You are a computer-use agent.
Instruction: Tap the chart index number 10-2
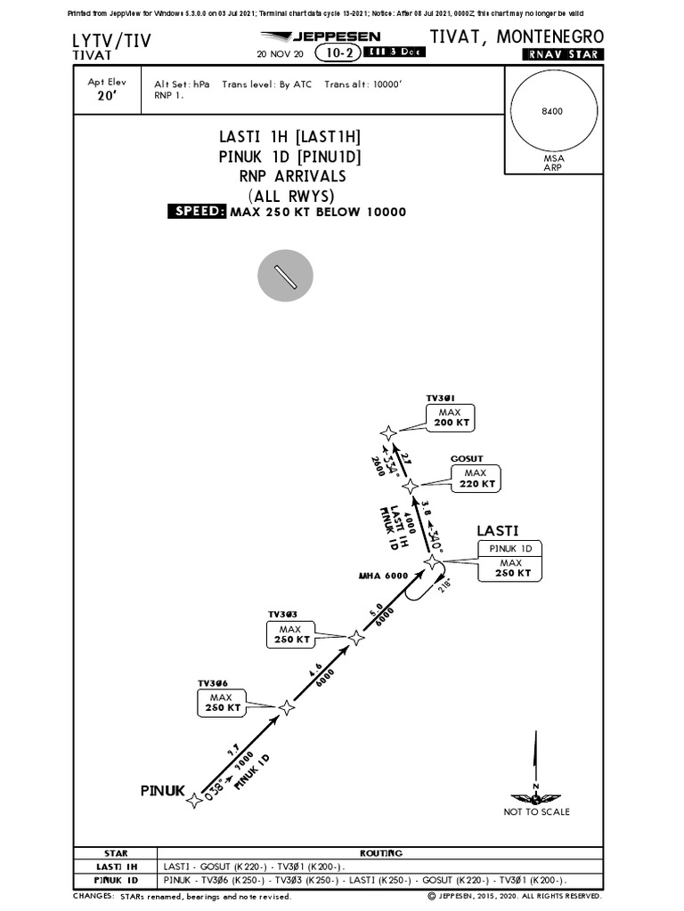tap(338, 52)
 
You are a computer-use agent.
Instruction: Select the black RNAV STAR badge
tap(562, 54)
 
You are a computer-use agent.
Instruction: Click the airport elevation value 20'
tap(106, 98)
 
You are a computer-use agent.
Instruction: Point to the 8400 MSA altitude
tap(553, 111)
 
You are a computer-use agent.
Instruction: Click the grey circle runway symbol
tap(285, 276)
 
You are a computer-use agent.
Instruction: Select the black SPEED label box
tap(197, 211)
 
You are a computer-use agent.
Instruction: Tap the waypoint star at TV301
tap(388, 433)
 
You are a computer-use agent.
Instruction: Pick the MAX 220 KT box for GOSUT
tap(475, 479)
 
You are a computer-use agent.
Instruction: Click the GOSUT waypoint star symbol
tap(410, 487)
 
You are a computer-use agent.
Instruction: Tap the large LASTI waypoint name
tap(497, 530)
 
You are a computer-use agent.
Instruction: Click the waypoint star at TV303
tap(356, 637)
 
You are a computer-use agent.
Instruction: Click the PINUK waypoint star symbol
tap(194, 802)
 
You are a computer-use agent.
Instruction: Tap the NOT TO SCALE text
tap(536, 811)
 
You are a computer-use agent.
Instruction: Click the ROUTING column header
tap(380, 853)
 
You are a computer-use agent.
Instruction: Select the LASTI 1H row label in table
tap(117, 866)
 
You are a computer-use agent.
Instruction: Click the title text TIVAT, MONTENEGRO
tap(517, 36)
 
